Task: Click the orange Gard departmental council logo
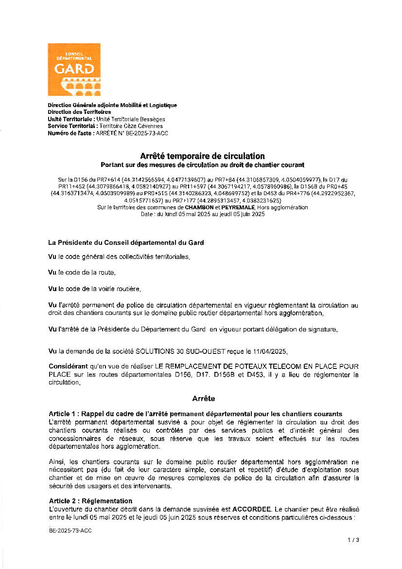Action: (x=74, y=69)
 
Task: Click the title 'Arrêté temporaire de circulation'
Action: (x=202, y=156)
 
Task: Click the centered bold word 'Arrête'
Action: (x=203, y=399)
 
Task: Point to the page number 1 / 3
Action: (x=353, y=540)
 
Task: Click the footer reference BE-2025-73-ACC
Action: (x=70, y=530)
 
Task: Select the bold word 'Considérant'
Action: (x=68, y=366)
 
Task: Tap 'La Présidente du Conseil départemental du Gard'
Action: (x=126, y=242)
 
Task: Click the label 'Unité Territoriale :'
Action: (x=71, y=119)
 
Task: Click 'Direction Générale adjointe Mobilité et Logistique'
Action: (x=112, y=105)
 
